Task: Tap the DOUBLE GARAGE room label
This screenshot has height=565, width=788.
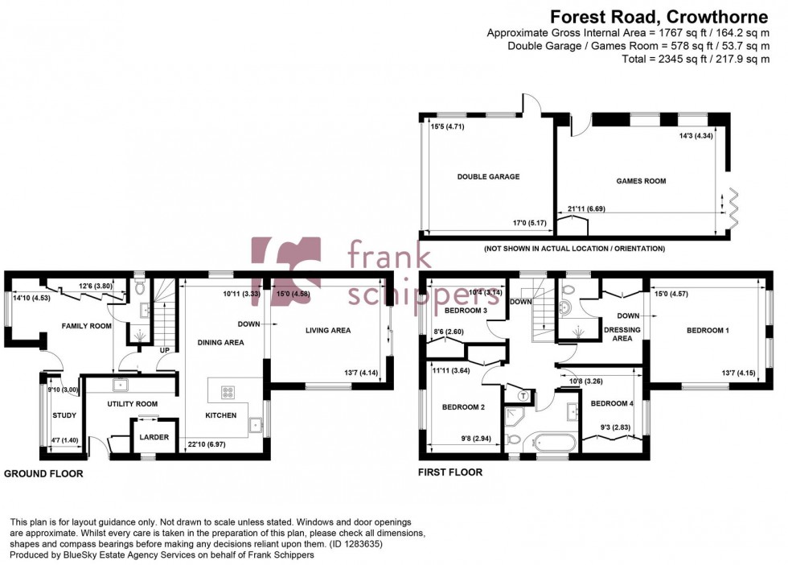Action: coord(488,177)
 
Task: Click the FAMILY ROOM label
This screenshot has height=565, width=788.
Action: coord(87,326)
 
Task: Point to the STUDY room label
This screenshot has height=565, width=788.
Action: coord(64,416)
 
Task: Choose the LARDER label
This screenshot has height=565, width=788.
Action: coord(154,438)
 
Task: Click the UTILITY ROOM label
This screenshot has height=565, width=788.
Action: coord(132,404)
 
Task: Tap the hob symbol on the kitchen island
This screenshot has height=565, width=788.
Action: coord(228,393)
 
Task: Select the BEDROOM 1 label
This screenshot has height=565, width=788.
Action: coord(708,330)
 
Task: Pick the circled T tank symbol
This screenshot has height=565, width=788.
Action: coord(523,395)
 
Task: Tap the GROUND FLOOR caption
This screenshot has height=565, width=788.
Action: coord(43,474)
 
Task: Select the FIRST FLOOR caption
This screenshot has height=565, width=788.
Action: coord(449,472)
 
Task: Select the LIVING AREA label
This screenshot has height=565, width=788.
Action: coord(327,330)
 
